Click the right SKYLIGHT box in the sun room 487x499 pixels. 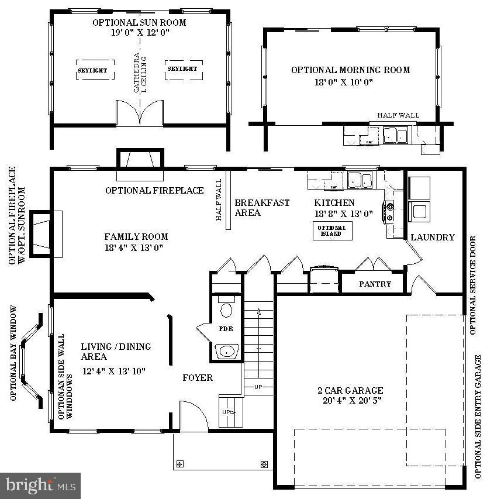[183, 69]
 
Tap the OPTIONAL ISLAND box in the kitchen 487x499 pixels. [331, 230]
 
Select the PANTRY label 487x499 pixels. [375, 284]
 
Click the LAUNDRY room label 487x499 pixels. [432, 237]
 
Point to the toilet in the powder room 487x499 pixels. [226, 308]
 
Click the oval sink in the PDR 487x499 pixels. [226, 351]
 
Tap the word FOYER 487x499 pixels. [198, 378]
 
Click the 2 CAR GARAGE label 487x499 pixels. [350, 390]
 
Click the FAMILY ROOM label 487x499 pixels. [136, 237]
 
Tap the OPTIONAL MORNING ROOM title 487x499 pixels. [350, 70]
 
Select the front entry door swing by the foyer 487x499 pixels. [193, 415]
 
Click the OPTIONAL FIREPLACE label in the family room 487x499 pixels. [154, 191]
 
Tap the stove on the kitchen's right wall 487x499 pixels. [390, 212]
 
